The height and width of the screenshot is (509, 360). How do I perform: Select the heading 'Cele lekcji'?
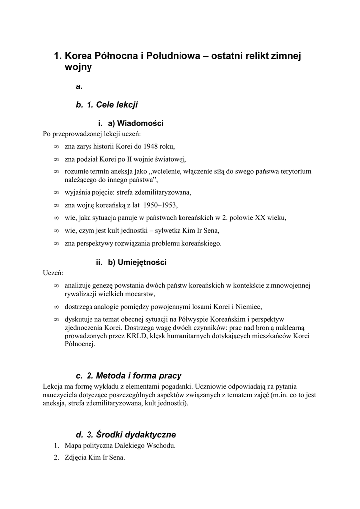point(117,105)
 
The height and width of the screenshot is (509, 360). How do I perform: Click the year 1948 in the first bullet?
point(152,146)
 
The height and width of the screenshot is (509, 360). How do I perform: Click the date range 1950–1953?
point(159,205)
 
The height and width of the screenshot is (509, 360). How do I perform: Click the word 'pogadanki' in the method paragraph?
point(174,386)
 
